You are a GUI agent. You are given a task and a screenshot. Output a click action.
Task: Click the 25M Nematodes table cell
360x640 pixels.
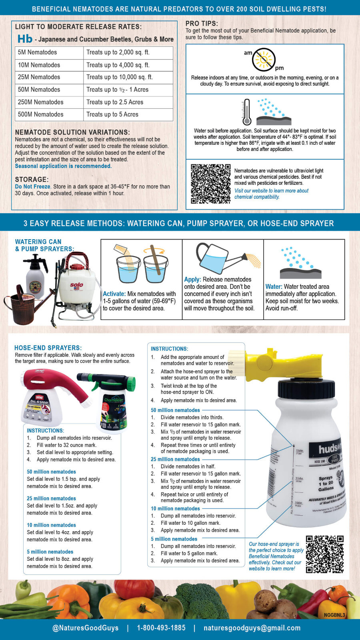(39, 77)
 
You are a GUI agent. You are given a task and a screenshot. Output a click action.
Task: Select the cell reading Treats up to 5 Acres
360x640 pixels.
(112, 114)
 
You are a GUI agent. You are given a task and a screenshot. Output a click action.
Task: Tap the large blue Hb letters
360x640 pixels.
(25, 39)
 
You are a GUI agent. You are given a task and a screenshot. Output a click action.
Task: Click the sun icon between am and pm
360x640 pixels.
(264, 59)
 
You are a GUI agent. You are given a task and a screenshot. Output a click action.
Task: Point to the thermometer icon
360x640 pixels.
(246, 112)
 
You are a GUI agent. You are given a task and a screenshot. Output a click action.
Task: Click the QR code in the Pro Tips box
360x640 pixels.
(210, 184)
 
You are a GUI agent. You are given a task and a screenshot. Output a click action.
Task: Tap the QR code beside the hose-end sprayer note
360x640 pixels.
(324, 554)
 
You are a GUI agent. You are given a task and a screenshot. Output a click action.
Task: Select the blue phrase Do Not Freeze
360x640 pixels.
(32, 186)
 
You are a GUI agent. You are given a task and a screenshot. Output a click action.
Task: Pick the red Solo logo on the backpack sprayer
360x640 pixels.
(76, 285)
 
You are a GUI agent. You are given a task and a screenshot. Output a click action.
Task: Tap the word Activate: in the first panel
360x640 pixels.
(114, 294)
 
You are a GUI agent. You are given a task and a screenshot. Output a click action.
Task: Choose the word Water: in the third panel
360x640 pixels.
(274, 286)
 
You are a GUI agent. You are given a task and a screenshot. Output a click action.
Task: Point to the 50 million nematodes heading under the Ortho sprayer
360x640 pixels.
(51, 472)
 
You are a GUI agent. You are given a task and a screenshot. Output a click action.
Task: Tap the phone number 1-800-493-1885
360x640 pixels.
(161, 628)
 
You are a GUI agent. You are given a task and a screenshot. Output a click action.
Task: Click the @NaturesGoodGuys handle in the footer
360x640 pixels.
(85, 628)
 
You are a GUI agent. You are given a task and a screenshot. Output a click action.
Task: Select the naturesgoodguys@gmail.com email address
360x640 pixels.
(252, 628)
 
